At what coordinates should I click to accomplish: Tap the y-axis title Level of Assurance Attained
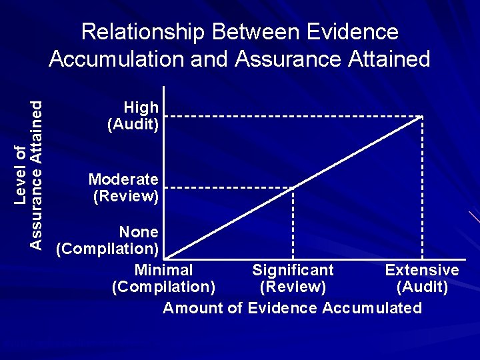[29, 175]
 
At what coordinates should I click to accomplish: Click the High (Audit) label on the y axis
[133, 115]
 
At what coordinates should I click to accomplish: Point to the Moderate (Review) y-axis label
[125, 187]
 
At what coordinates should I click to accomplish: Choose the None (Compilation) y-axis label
[108, 241]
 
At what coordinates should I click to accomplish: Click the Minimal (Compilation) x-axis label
[164, 279]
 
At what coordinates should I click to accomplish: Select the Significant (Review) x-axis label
[293, 279]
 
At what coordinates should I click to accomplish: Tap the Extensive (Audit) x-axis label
[422, 279]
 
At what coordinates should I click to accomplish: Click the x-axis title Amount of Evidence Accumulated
[293, 308]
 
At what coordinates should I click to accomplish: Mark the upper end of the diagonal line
[422, 117]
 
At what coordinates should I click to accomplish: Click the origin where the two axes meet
[164, 259]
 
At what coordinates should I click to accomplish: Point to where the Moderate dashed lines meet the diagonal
[293, 187]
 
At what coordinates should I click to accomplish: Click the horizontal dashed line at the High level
[293, 117]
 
